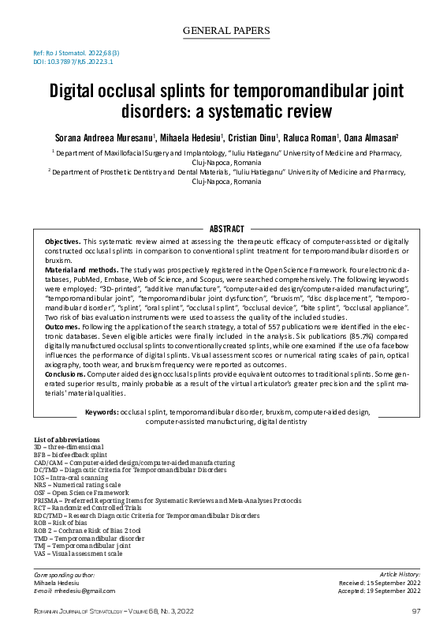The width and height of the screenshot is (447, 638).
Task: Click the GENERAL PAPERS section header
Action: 225,32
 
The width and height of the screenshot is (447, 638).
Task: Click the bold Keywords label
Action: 102,411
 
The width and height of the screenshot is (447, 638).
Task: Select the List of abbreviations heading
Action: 67,439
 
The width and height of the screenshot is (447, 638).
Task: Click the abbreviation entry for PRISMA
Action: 167,501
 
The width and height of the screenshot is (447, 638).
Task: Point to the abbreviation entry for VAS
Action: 78,554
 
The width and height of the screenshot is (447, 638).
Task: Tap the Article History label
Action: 400,573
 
